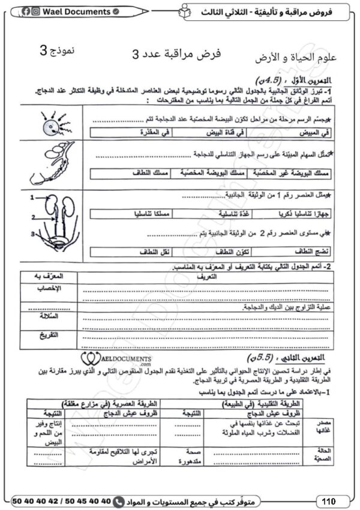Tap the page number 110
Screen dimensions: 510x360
[x=328, y=500]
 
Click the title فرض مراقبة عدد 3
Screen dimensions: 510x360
[x=176, y=55]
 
